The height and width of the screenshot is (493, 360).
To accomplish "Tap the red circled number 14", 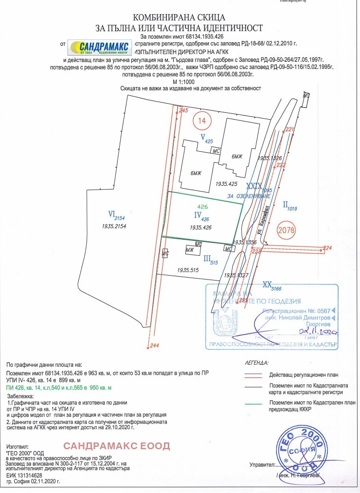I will (201, 119).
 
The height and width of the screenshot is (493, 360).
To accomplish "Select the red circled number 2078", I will (287, 229).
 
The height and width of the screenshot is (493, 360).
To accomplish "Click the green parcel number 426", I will (202, 207).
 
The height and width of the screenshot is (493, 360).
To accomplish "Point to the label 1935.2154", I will (114, 227).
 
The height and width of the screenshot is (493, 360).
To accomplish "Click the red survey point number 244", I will (155, 346).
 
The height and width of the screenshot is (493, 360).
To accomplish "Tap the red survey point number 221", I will (290, 129).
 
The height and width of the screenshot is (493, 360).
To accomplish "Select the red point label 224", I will (327, 248).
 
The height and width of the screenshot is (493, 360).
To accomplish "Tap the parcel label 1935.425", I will (226, 184).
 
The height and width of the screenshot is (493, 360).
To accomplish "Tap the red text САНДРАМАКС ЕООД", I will (117, 445).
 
